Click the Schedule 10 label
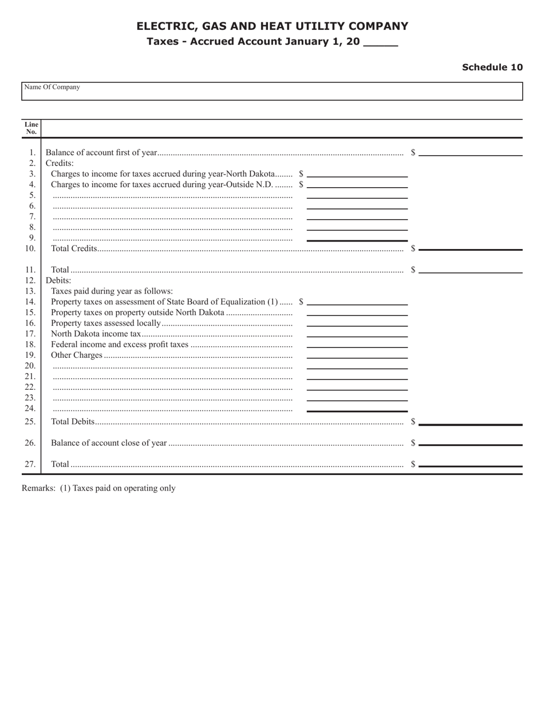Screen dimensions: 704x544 492,67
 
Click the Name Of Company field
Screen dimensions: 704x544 272,92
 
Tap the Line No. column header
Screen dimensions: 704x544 31,128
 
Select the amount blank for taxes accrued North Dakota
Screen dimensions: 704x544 357,173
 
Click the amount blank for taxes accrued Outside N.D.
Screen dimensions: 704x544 357,184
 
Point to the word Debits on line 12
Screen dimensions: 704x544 58,280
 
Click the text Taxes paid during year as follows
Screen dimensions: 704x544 112,291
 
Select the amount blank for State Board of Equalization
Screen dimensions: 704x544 357,302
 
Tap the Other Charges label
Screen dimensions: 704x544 77,355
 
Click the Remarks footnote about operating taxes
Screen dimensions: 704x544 98,488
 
